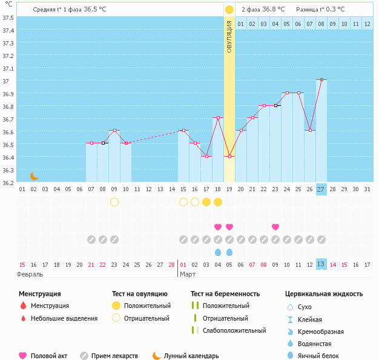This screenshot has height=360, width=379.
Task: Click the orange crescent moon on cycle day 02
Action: [x=35, y=175]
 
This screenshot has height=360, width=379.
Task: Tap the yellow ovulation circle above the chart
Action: [x=229, y=10]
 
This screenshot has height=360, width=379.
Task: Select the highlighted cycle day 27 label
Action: [x=321, y=189]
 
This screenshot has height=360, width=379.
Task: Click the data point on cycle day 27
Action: [x=321, y=79]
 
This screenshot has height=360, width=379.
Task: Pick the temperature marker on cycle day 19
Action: [x=229, y=156]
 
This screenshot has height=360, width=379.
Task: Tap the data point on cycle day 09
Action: [x=114, y=130]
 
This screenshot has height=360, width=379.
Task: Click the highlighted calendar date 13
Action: [x=321, y=264]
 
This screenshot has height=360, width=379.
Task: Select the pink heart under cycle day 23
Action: [x=275, y=227]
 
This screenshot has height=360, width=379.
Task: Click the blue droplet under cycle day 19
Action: [x=229, y=252]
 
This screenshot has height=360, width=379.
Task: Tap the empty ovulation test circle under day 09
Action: [x=114, y=202]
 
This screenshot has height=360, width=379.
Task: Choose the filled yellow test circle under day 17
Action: [x=206, y=202]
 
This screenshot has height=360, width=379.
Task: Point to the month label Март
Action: [x=188, y=274]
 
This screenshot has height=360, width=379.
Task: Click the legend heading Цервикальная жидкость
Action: [x=324, y=294]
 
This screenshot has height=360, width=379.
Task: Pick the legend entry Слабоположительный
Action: [x=234, y=330]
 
